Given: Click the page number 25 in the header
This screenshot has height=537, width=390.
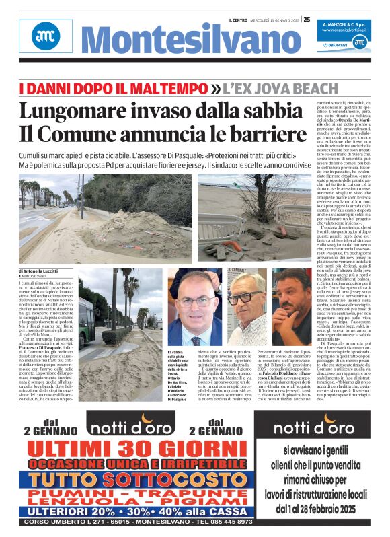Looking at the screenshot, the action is coord(306,20).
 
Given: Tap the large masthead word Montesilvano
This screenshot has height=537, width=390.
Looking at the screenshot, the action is coord(182,42).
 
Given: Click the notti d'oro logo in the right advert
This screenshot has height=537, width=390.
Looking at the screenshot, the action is coord(313,427).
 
